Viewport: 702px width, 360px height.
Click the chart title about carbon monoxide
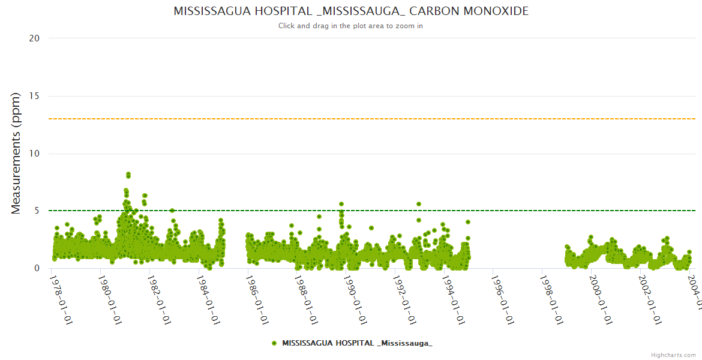pyautogui.click(x=351, y=11)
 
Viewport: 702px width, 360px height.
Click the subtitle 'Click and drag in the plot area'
pyautogui.click(x=351, y=26)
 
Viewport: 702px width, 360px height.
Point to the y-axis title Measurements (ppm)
pyautogui.click(x=16, y=153)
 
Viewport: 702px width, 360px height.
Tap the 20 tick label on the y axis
pyautogui.click(x=34, y=38)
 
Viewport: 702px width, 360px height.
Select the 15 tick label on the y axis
pyautogui.click(x=34, y=96)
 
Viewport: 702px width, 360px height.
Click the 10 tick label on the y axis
pyautogui.click(x=34, y=154)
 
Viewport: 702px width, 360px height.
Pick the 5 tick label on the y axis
pyautogui.click(x=37, y=211)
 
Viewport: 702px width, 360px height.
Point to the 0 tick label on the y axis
pyautogui.click(x=37, y=268)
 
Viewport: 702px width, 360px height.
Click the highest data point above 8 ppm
pyautogui.click(x=128, y=174)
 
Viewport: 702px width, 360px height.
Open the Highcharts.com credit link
pyautogui.click(x=673, y=355)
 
